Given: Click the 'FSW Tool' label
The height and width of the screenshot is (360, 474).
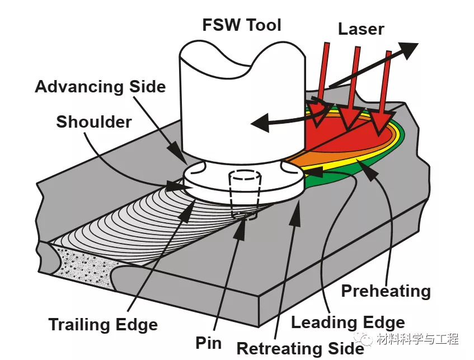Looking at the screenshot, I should click(x=241, y=25).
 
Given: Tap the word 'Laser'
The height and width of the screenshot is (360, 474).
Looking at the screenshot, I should click(x=361, y=29).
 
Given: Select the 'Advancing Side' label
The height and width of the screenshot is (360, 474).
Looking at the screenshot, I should click(x=100, y=87).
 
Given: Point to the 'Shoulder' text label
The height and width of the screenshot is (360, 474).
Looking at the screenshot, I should click(x=94, y=121).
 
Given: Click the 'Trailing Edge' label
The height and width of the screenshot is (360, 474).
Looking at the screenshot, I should click(x=103, y=324).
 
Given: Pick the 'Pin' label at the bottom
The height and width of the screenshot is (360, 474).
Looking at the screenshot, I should click(x=209, y=343).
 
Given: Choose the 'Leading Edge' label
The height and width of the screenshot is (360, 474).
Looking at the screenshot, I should click(x=348, y=322).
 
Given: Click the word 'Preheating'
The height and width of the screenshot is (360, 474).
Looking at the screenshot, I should click(x=386, y=291).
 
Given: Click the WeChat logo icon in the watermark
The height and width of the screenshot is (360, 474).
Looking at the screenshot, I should click(x=364, y=339).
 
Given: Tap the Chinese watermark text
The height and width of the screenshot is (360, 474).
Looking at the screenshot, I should click(x=417, y=339).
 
